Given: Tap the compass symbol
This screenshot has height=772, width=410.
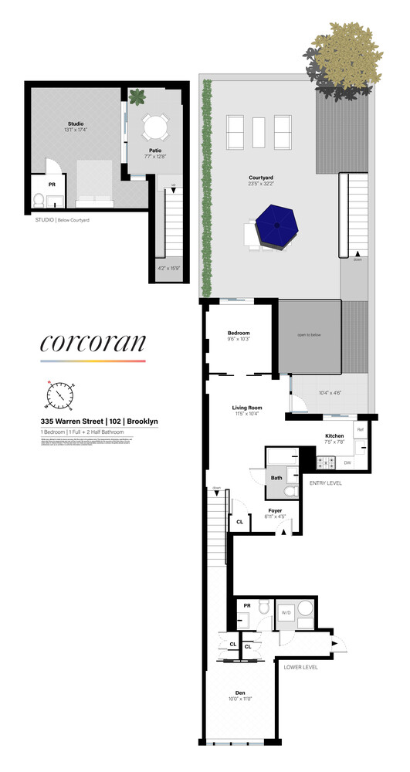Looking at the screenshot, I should [x=59, y=395].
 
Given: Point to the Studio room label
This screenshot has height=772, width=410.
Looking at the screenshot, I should [x=76, y=124].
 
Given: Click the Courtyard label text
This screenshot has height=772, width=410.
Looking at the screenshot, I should [x=262, y=178].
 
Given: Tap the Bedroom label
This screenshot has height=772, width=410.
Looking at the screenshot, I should [x=238, y=333].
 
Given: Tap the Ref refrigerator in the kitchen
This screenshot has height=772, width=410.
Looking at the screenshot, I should [x=359, y=428].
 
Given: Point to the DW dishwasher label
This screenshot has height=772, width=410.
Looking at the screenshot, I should [x=347, y=462].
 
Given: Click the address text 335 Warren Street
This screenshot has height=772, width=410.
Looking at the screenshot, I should [x=71, y=420].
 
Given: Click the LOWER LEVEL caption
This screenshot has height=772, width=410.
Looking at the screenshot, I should [x=300, y=667].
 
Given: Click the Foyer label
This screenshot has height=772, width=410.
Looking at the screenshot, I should [x=274, y=510].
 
